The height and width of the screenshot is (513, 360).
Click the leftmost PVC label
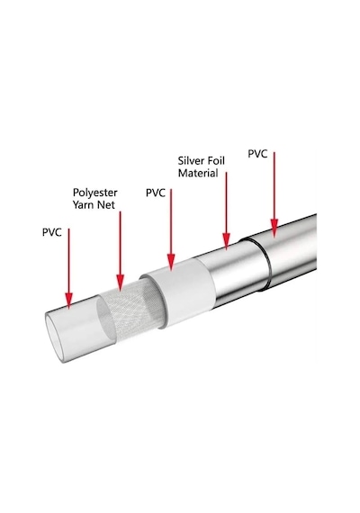(51, 232)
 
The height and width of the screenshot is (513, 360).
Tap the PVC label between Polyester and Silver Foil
(156, 193)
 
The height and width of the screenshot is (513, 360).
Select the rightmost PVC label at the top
(257, 154)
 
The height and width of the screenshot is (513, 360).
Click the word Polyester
(94, 193)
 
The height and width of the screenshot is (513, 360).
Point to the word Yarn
(82, 205)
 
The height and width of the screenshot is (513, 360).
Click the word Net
(104, 205)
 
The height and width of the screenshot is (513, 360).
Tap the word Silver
(191, 161)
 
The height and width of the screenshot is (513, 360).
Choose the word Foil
(216, 161)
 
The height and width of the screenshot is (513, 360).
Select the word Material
(198, 173)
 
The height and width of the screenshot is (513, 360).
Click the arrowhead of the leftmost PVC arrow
(68, 301)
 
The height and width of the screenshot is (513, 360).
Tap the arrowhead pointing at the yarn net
(120, 283)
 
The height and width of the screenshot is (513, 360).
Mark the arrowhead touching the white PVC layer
(171, 263)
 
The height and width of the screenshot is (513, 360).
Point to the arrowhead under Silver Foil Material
(226, 241)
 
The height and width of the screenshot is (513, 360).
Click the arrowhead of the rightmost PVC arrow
(274, 228)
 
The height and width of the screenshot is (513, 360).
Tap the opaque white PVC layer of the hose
(186, 292)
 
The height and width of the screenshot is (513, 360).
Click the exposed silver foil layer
(232, 274)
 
